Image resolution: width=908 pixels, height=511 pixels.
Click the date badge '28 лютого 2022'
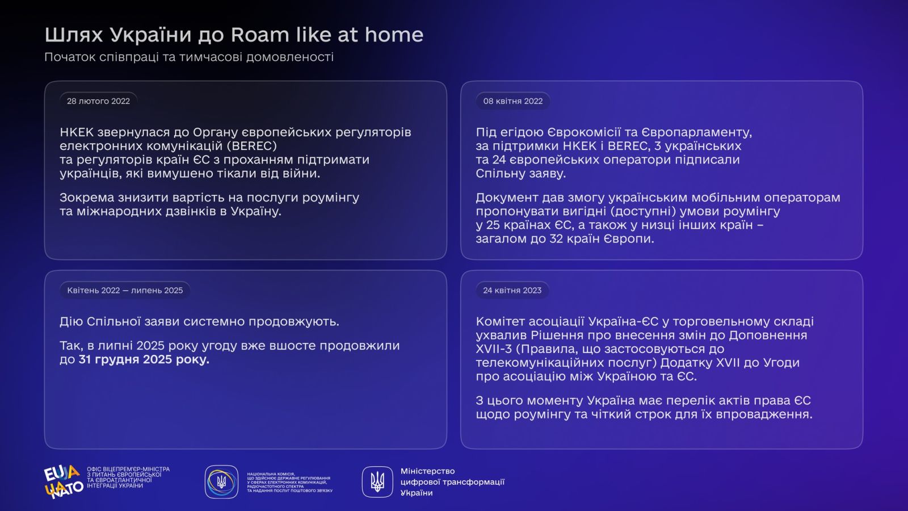tap(99, 101)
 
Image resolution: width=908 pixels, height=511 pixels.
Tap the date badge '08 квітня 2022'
tap(513, 101)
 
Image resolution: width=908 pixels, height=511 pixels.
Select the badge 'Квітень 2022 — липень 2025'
tap(125, 290)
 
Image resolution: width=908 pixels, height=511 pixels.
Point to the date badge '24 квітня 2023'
tap(512, 290)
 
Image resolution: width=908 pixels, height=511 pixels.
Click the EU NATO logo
tap(64, 481)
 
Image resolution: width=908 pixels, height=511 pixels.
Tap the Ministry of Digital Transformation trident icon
tap(377, 482)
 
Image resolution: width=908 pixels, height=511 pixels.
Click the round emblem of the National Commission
tap(221, 482)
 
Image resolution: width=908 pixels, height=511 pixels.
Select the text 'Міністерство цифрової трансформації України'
tap(452, 482)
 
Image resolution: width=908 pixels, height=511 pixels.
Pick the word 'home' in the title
tap(394, 35)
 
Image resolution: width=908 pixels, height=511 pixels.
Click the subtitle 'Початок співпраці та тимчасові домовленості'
tap(189, 57)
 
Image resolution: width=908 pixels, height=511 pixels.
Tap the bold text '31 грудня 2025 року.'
tap(144, 359)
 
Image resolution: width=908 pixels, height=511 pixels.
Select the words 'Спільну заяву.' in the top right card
tap(521, 174)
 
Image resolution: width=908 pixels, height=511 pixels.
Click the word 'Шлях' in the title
tap(74, 35)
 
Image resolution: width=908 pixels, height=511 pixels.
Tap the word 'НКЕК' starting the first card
tap(77, 132)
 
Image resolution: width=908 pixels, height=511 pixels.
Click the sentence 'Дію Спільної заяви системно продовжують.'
tap(199, 321)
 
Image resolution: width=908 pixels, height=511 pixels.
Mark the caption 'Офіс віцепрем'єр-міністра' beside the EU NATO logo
tap(128, 469)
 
